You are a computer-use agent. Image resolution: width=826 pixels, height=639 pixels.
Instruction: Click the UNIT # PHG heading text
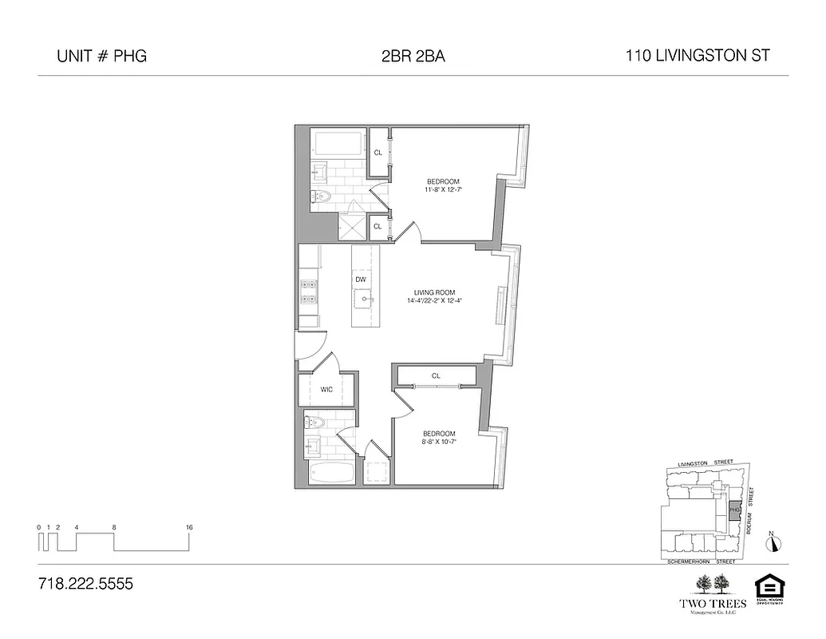click(x=101, y=57)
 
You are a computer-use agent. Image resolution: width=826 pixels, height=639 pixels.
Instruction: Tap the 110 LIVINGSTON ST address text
click(x=698, y=56)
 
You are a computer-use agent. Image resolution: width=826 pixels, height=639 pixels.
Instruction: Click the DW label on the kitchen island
click(x=361, y=280)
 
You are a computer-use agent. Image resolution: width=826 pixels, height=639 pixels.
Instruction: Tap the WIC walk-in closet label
click(x=326, y=390)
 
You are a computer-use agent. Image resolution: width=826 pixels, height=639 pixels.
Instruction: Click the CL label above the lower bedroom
click(x=436, y=375)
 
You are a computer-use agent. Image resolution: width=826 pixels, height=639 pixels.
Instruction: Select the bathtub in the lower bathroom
click(x=332, y=473)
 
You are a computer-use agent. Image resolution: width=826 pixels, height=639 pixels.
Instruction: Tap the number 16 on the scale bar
click(x=189, y=527)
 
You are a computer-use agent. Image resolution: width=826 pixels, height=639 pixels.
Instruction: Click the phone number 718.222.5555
click(x=85, y=584)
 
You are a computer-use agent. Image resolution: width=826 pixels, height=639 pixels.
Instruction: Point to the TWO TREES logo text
click(x=713, y=603)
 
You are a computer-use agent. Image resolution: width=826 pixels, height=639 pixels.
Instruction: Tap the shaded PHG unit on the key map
click(x=735, y=510)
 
